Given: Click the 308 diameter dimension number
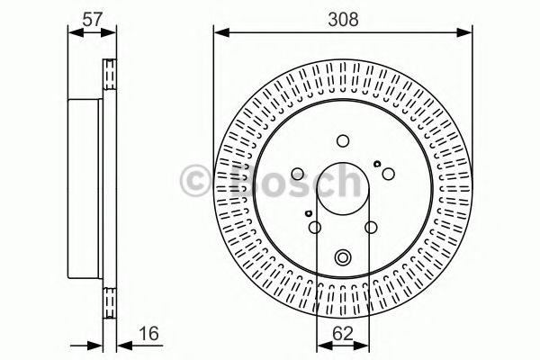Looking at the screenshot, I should coord(342,15).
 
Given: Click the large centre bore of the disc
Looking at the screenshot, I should coord(343,191).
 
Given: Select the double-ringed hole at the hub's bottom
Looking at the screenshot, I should coord(343,257).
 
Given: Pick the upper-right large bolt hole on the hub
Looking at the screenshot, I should coord(387,174).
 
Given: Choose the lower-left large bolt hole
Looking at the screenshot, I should coord(314,228).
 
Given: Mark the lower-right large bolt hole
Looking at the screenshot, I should coord(372,228).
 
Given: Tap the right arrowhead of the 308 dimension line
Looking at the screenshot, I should coord(468,33).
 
